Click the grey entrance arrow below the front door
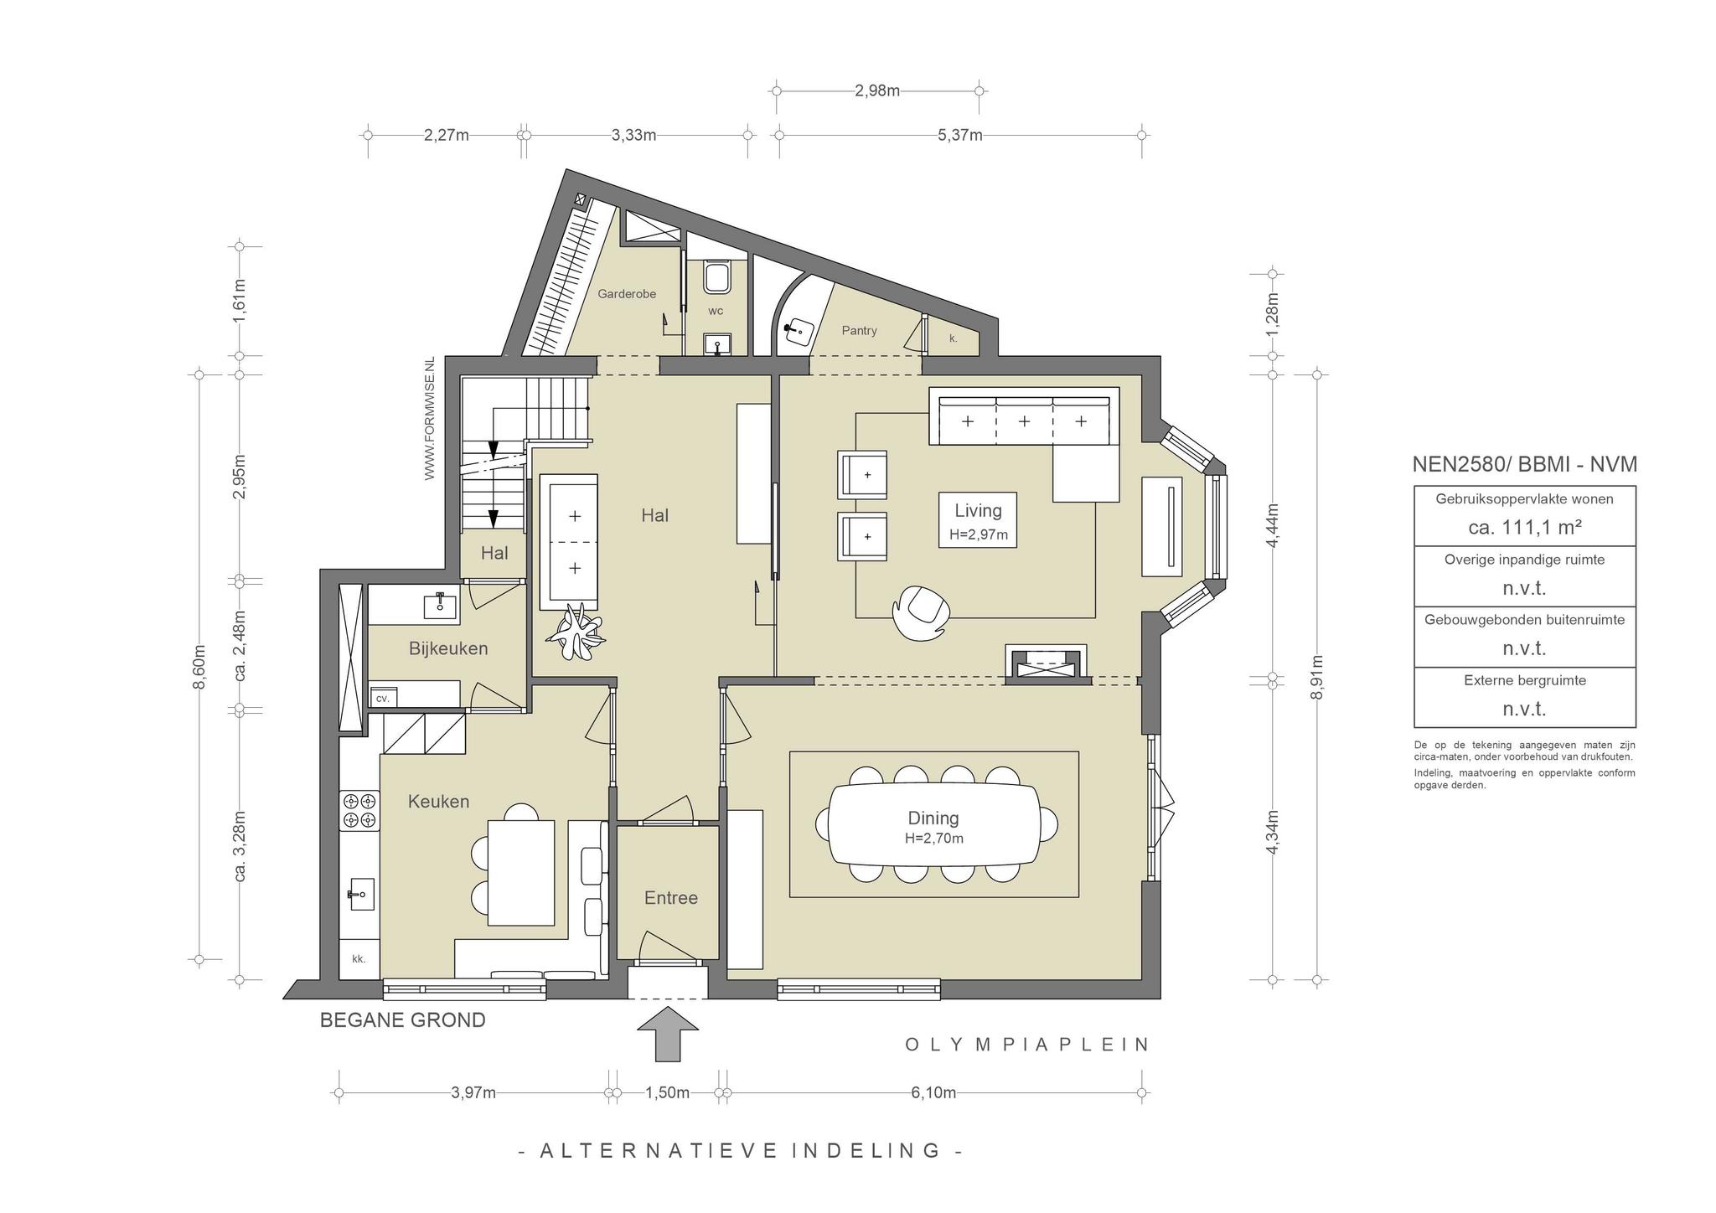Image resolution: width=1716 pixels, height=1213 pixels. tap(668, 1035)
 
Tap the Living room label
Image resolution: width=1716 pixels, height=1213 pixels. tap(978, 510)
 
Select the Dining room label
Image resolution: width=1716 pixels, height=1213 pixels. tap(933, 818)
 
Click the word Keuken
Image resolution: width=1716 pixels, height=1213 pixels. tap(438, 802)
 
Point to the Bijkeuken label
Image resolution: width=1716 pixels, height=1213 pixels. tap(448, 648)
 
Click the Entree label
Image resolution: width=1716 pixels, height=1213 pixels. tap(671, 898)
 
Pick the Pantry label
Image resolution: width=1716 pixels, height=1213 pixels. tap(859, 331)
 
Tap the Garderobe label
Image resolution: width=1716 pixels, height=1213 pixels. tap(627, 294)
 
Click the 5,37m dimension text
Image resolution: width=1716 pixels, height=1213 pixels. tap(960, 135)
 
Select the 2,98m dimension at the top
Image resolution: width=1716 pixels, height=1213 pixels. tap(877, 90)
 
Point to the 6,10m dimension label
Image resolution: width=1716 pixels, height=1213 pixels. tap(933, 1092)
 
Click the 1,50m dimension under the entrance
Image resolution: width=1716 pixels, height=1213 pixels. tap(668, 1092)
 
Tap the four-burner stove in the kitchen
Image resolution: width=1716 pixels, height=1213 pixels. tap(359, 810)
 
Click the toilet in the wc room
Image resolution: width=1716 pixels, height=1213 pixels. tap(716, 277)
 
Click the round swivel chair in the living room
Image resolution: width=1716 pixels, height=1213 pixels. tap(921, 609)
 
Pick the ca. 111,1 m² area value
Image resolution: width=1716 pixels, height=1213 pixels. tap(1525, 527)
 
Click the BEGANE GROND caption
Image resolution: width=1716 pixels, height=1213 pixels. tap(403, 1020)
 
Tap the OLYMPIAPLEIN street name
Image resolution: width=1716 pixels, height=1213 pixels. tap(1027, 1045)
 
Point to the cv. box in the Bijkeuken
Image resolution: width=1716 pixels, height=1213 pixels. tap(384, 697)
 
